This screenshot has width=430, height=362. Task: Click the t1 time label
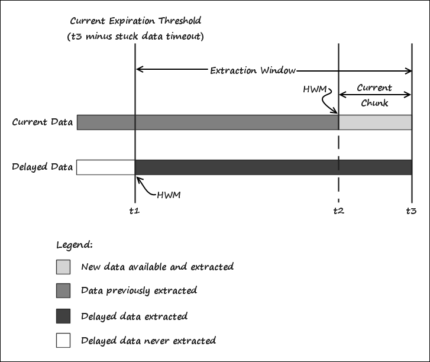[x=134, y=211]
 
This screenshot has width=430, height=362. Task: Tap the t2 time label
[x=338, y=211]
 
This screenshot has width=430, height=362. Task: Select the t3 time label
[x=411, y=211]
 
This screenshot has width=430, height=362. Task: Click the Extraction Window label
[x=253, y=70]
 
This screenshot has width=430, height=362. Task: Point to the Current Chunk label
[x=374, y=95]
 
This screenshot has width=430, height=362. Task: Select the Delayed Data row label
[x=42, y=167]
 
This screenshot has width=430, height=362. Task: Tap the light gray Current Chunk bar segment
[x=375, y=122]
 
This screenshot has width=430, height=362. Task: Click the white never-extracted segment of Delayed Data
[x=106, y=167]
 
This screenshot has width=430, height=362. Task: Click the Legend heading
[x=74, y=244]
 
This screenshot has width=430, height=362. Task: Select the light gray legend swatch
[x=63, y=267]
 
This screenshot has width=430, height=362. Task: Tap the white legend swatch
[x=63, y=340]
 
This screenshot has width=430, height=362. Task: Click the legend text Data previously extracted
[x=139, y=290]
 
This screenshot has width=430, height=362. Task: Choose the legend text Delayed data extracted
[x=134, y=316]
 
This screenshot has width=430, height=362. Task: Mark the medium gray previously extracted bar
[x=207, y=122]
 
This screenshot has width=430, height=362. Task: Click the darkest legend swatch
[x=63, y=316]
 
